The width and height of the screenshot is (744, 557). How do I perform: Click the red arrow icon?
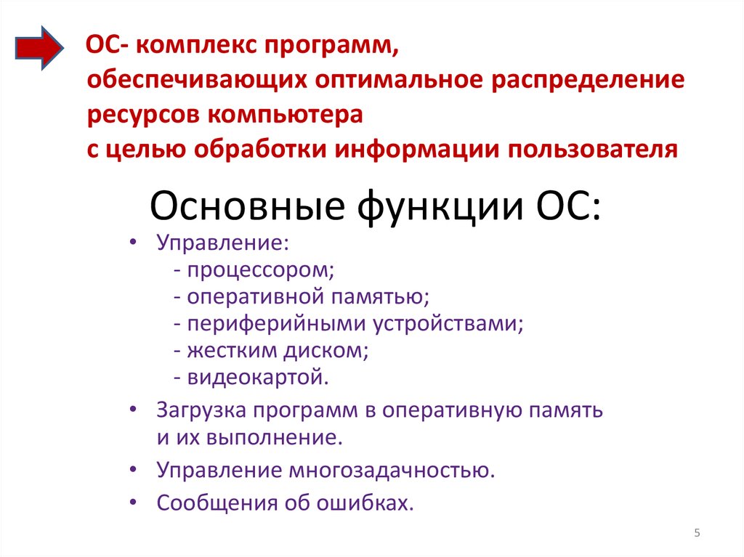[x=41, y=49]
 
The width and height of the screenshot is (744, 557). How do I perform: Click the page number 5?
[x=697, y=534]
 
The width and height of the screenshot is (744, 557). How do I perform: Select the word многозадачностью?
[x=391, y=470]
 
